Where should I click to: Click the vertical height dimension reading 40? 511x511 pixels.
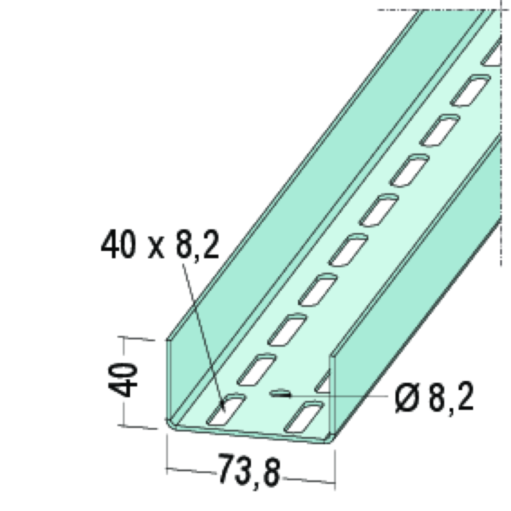point(123,380)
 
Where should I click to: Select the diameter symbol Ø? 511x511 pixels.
point(407,399)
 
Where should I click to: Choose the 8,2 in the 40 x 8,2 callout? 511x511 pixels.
point(198,245)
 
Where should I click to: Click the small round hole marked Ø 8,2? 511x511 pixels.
point(280,393)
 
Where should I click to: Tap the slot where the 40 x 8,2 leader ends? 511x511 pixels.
point(226,410)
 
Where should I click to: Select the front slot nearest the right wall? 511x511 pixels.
point(304,417)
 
